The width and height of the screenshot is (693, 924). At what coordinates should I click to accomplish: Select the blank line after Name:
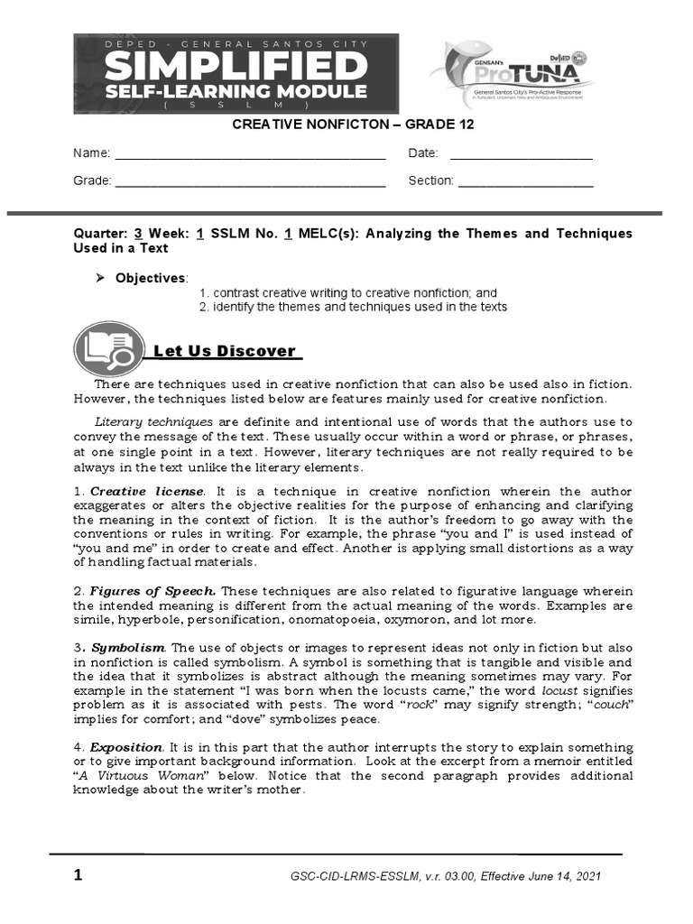point(250,154)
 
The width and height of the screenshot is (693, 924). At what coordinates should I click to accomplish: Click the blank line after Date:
point(521,154)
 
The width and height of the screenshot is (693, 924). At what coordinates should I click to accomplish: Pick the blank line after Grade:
point(250,181)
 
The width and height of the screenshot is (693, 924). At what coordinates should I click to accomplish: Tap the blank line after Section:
point(525,181)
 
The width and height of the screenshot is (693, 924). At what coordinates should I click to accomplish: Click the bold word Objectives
point(149,278)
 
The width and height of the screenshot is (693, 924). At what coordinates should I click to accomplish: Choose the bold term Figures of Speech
point(153,591)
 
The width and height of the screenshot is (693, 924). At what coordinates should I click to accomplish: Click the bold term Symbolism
point(128,648)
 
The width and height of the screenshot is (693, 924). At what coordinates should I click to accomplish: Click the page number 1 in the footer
point(79,875)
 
